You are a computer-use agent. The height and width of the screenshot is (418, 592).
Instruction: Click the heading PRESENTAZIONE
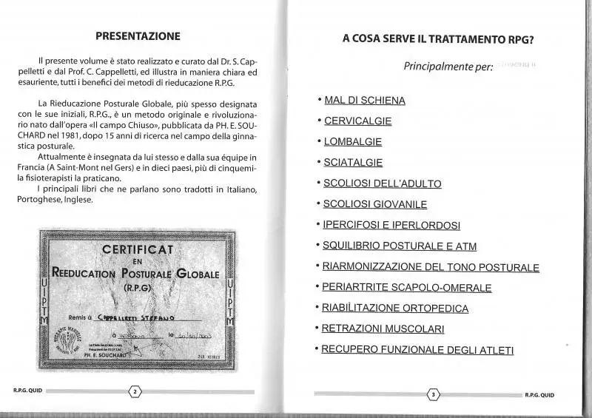click(138, 36)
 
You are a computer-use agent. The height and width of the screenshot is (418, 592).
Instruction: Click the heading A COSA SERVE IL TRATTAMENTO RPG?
click(439, 39)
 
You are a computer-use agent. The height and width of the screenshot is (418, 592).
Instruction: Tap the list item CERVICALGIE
click(358, 121)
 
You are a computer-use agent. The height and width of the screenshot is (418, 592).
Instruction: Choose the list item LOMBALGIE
click(353, 141)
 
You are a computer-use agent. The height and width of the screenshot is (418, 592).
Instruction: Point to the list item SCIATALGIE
click(353, 162)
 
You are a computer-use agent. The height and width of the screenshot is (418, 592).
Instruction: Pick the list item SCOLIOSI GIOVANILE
click(375, 204)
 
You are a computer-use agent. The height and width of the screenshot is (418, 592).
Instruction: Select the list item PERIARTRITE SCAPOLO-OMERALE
click(407, 288)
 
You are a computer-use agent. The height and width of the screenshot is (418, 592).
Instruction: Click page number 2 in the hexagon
click(135, 391)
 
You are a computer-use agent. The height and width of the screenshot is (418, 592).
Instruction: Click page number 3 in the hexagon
click(434, 394)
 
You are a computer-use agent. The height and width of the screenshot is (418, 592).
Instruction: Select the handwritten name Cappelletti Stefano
click(136, 317)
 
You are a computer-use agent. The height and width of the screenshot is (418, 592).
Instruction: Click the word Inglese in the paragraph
click(78, 200)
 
